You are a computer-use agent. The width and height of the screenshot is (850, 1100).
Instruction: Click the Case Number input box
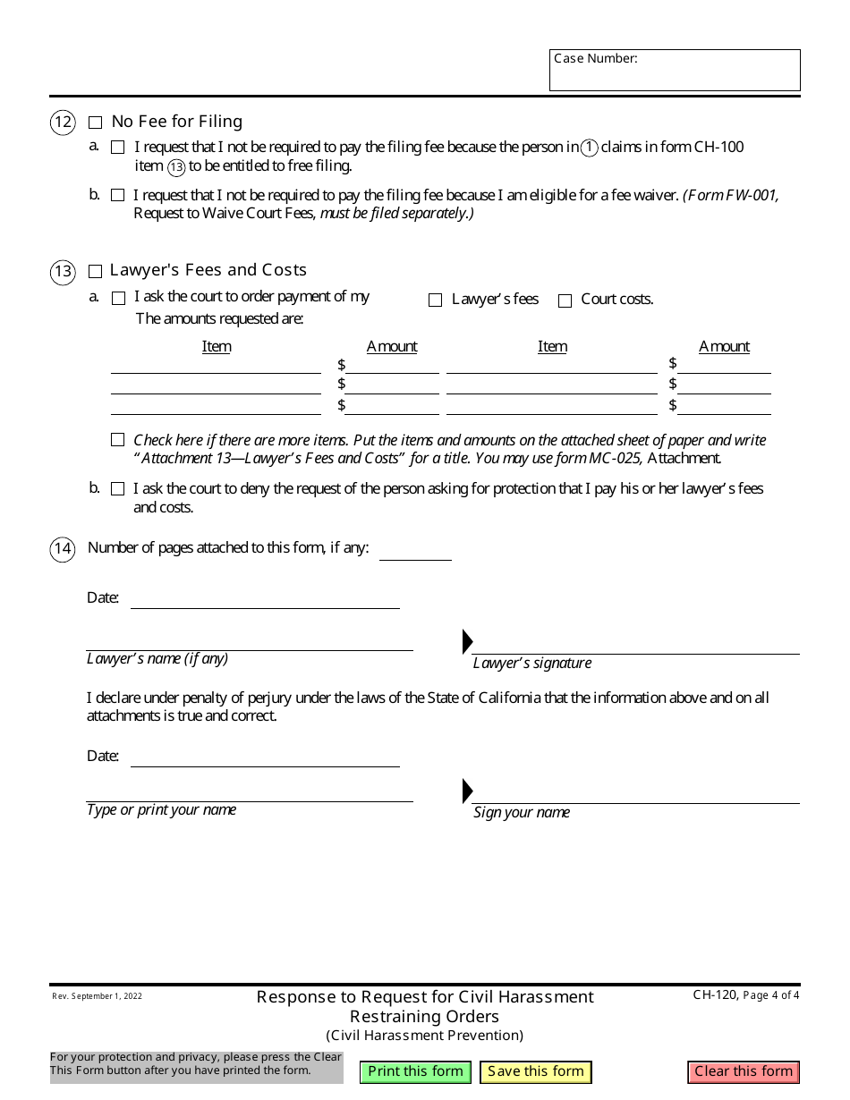675,75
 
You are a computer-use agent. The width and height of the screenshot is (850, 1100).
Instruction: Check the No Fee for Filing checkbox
96,123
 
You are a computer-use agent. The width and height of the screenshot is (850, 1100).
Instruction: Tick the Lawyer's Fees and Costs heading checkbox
96,271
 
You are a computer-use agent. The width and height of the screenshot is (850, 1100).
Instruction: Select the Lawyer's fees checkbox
436,300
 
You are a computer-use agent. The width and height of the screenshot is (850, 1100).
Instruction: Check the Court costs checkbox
565,300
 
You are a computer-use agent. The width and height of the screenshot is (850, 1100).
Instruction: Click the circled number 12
63,123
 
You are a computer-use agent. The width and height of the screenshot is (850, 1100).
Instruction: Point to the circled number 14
63,548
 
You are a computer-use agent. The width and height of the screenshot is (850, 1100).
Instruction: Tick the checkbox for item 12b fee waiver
118,195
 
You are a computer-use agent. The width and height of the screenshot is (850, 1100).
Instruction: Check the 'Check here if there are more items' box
118,440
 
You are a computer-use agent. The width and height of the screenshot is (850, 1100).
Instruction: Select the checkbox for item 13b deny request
118,489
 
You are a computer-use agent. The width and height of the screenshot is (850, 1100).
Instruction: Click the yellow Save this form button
535,1071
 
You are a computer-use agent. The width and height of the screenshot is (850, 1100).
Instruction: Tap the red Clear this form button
744,1071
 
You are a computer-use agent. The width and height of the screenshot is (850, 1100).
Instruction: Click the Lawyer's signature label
532,663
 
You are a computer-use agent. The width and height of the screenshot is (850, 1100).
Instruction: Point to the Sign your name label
522,812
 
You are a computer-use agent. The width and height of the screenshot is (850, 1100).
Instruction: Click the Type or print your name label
161,809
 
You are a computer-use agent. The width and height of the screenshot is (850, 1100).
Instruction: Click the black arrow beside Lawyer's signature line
467,641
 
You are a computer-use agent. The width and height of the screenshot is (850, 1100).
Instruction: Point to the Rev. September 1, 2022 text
97,995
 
